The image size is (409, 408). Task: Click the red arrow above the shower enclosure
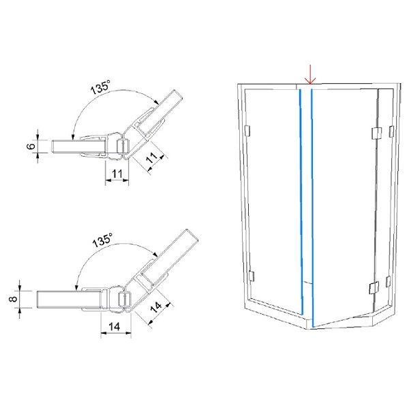tap(310, 74)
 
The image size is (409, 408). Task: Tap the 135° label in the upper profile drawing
tap(100, 87)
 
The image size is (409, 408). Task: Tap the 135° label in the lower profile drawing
tap(102, 240)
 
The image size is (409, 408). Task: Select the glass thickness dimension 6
tap(31, 146)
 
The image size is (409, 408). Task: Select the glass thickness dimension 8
tap(13, 299)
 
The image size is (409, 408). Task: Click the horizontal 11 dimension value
tap(117, 174)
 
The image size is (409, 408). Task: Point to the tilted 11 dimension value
tap(152, 157)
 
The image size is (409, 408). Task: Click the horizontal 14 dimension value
tap(115, 326)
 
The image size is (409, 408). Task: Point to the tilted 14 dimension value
tap(156, 307)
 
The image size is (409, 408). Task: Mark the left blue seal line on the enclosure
tap(301, 202)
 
